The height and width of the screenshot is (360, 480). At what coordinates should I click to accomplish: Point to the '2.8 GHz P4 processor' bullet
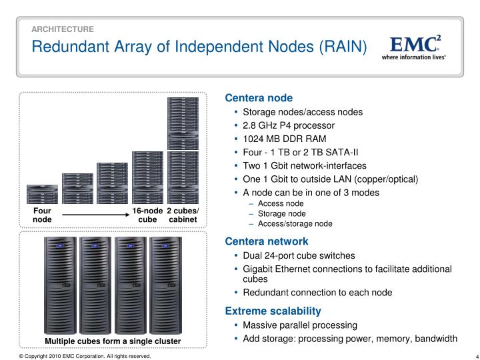point(289,125)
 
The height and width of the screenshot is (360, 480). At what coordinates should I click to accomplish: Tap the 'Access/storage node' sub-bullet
point(295,223)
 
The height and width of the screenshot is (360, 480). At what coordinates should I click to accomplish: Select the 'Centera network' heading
point(266,241)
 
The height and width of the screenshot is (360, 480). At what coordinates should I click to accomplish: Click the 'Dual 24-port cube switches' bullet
point(299,255)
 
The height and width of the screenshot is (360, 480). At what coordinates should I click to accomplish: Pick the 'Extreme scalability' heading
point(273,311)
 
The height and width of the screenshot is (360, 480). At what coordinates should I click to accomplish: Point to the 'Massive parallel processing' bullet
point(300,325)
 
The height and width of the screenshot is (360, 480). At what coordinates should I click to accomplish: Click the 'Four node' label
point(42,215)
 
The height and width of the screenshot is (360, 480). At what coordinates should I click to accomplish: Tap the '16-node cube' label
point(147,215)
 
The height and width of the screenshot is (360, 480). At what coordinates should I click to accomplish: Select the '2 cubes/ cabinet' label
point(183,215)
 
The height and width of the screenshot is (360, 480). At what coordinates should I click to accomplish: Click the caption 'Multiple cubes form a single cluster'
point(113,342)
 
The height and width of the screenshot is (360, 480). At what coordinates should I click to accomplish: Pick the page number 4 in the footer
point(469,355)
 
